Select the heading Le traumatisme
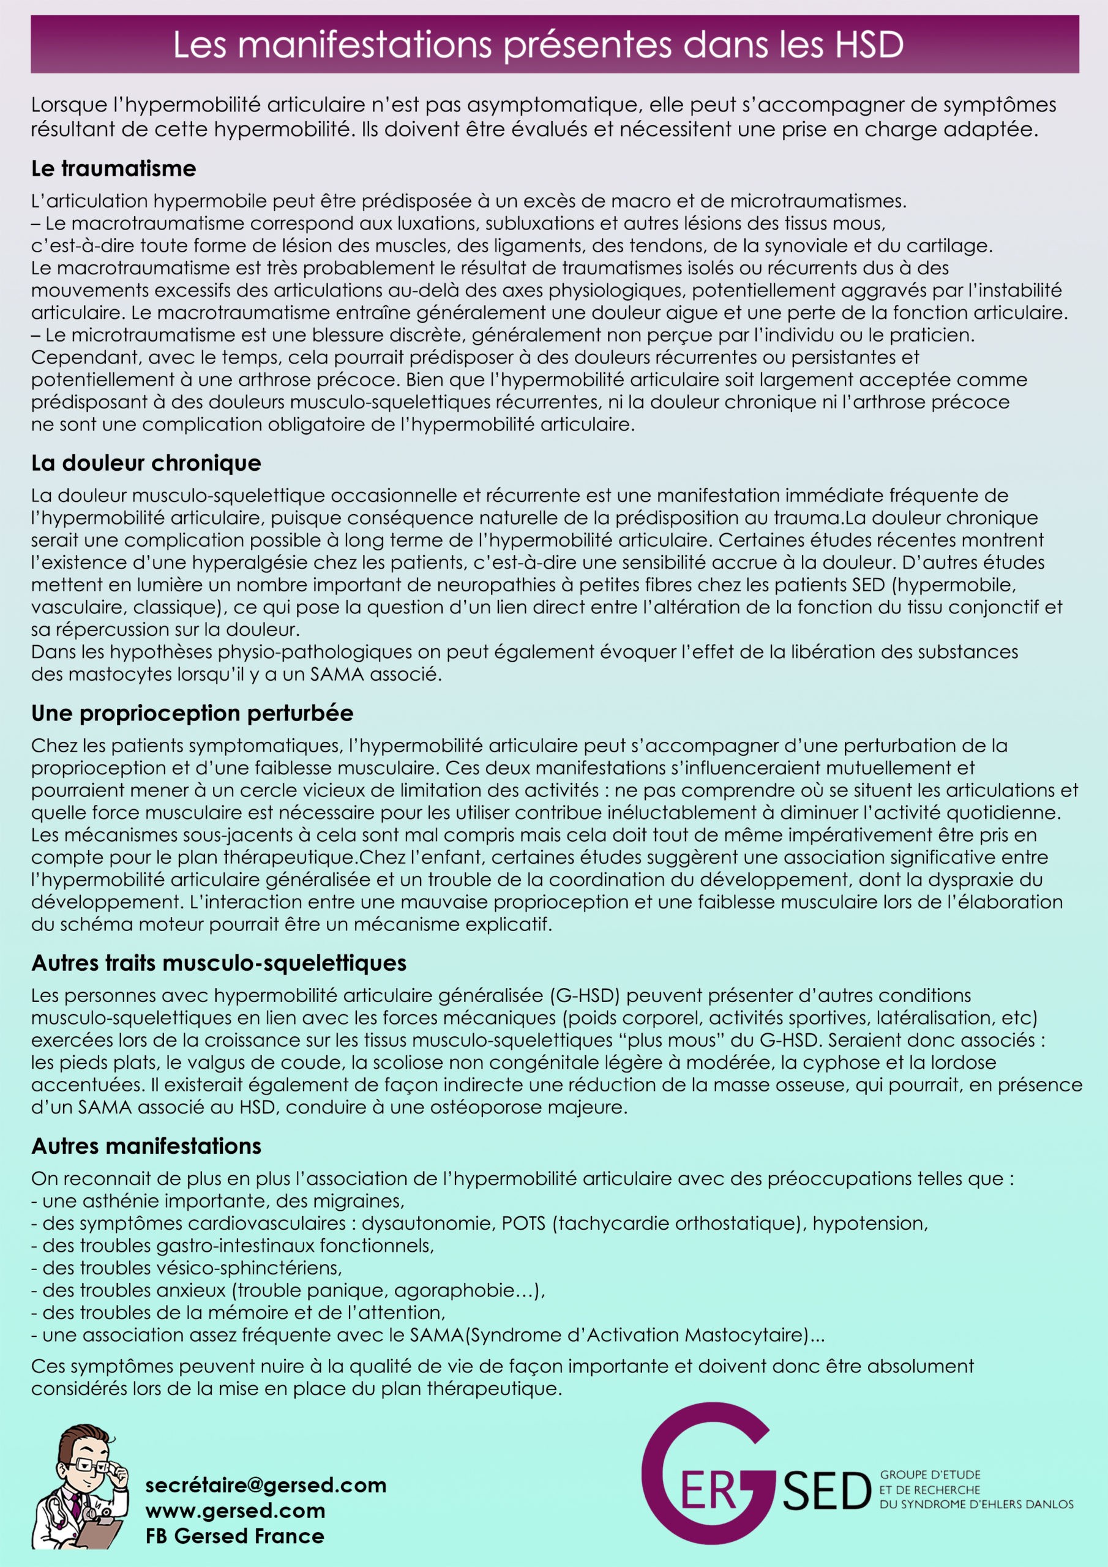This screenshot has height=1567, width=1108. (113, 168)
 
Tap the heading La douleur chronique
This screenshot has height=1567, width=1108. (146, 463)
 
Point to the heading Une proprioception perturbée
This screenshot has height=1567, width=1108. (192, 713)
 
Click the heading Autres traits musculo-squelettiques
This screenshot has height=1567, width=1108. (219, 963)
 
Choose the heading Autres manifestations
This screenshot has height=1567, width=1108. (146, 1146)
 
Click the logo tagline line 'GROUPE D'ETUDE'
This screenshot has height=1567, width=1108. (930, 1475)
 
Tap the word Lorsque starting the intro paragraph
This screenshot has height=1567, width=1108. (69, 105)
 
